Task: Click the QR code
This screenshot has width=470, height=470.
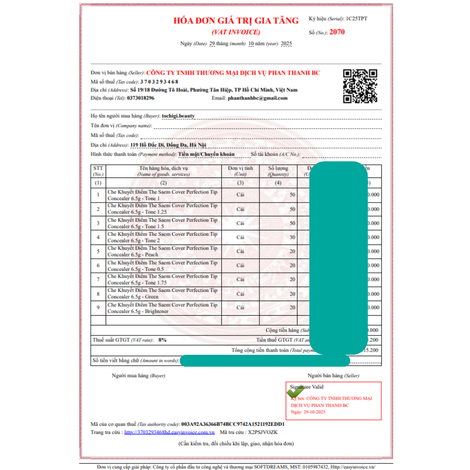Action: [x=360, y=86]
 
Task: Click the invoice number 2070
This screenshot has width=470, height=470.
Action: [x=337, y=32]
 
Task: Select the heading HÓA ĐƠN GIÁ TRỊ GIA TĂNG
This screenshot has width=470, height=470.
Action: [x=236, y=21]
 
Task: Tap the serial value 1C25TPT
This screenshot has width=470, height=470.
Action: [x=357, y=18]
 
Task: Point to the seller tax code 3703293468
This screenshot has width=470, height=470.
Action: [x=159, y=81]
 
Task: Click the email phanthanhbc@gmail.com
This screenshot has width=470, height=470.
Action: [x=257, y=98]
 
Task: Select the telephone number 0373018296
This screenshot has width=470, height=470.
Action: [x=140, y=98]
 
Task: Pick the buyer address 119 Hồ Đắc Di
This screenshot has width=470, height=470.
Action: [x=168, y=145]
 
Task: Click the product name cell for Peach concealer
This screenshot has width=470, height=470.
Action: [x=163, y=251]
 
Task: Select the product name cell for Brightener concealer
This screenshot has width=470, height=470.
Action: [x=163, y=308]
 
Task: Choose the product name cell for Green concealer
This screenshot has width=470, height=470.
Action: [x=163, y=293]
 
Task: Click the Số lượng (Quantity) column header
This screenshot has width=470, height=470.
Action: [x=278, y=171]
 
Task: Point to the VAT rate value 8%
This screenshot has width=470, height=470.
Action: [x=162, y=340]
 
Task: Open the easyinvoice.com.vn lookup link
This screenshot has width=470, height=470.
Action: [x=169, y=432]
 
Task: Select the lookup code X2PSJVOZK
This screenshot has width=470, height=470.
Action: [x=263, y=432]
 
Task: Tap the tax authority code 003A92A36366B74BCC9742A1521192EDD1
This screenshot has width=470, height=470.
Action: [x=233, y=424]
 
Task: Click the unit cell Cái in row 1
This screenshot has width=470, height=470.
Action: [x=240, y=195]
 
